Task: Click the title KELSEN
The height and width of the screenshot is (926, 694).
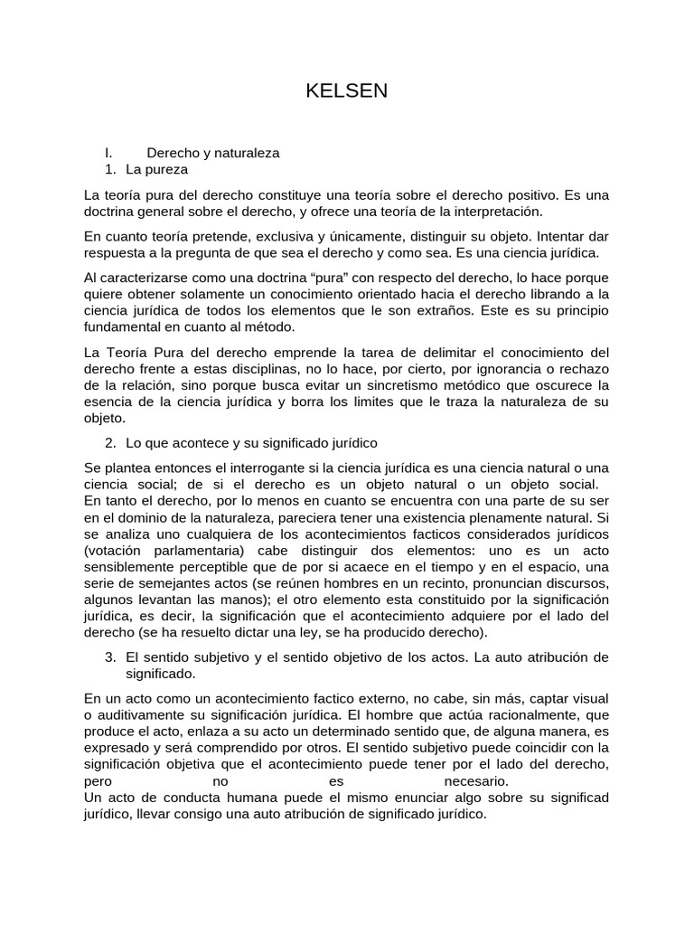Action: click(347, 91)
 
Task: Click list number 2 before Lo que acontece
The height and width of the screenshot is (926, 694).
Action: click(110, 443)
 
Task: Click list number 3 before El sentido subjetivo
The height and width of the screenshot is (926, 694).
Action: click(110, 656)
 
